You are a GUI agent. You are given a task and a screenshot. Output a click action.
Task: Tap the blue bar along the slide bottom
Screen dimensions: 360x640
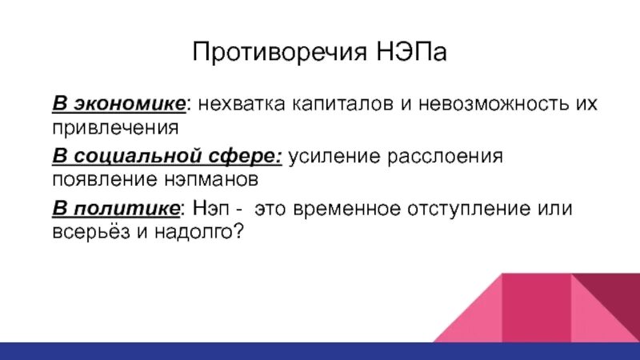click(x=320, y=350)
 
